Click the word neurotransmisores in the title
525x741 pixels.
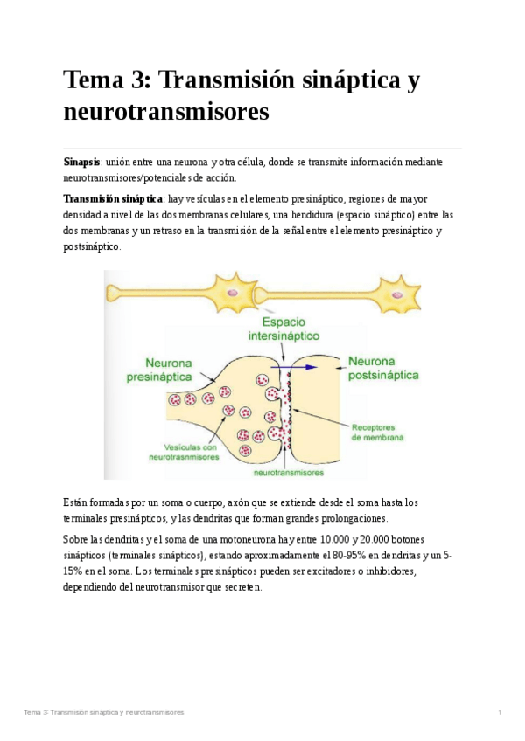(166, 112)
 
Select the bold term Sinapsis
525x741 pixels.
(81, 163)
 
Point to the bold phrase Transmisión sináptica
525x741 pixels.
(113, 199)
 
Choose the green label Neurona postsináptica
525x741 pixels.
(383, 368)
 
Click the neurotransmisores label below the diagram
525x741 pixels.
(288, 472)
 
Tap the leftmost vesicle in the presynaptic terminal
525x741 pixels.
(174, 400)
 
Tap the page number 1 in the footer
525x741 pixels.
(500, 712)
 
